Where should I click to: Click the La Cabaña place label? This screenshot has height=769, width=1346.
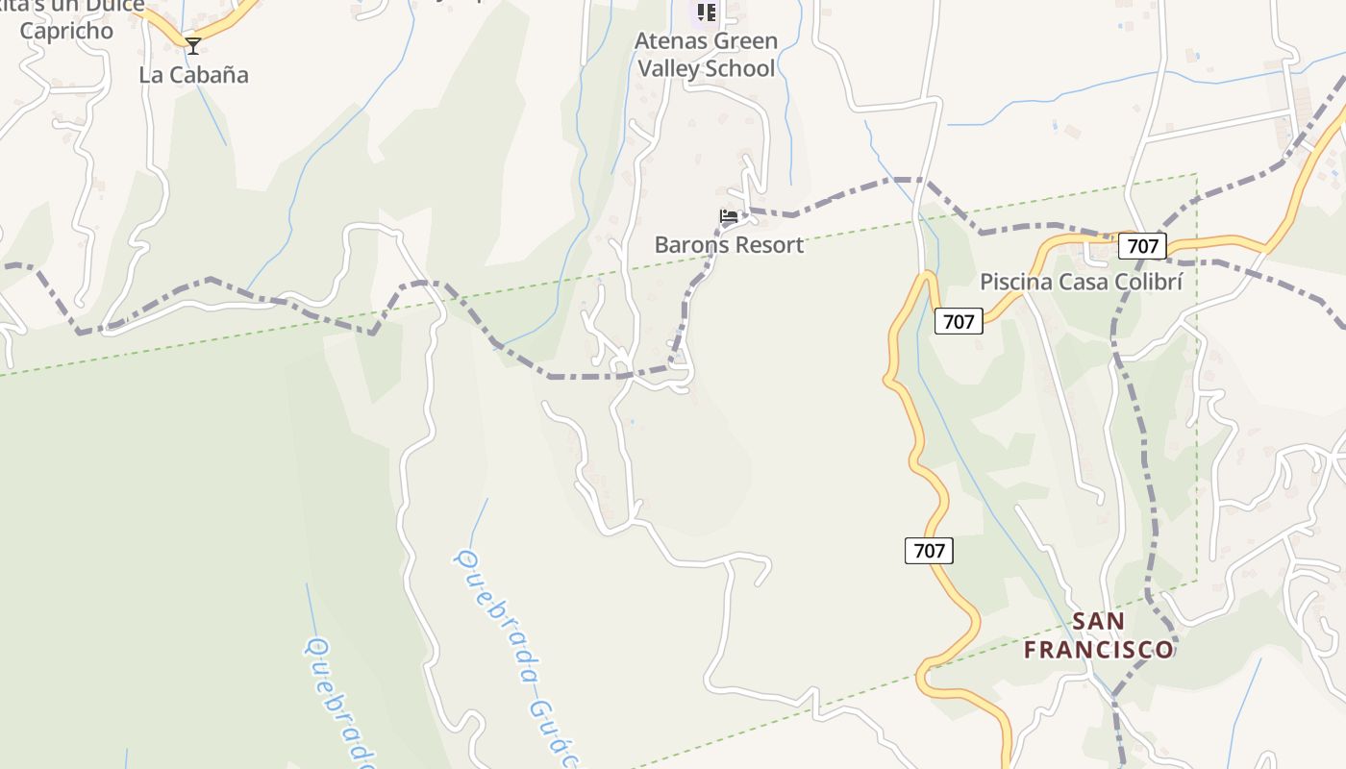click(x=193, y=75)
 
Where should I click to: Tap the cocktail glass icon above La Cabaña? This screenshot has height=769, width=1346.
click(x=193, y=45)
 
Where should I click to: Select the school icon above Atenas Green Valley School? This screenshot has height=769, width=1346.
click(x=707, y=12)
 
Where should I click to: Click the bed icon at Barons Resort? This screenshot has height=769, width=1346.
click(x=729, y=216)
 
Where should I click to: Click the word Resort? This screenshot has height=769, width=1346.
click(x=767, y=245)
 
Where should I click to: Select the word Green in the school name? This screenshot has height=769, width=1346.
click(x=746, y=41)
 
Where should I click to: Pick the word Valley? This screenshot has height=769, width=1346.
click(x=667, y=68)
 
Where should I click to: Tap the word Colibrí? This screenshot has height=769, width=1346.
click(x=1147, y=282)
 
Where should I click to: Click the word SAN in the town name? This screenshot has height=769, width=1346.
click(x=1098, y=621)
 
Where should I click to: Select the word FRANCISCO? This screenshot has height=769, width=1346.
click(x=1098, y=650)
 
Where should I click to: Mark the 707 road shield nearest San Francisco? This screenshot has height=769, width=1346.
click(x=929, y=551)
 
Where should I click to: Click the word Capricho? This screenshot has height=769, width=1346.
click(x=66, y=31)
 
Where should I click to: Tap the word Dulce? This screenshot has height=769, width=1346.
click(x=108, y=6)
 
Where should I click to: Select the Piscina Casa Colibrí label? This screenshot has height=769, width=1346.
click(x=1081, y=282)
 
